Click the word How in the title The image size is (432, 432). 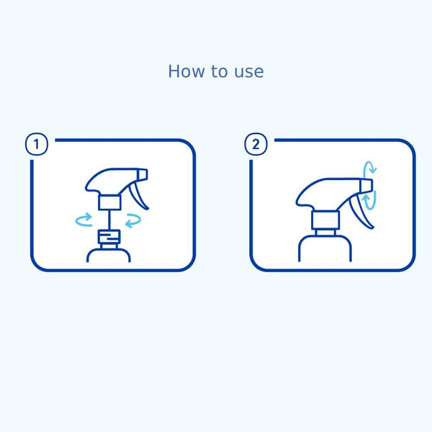click(x=183, y=71)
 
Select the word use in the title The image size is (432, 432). click(x=248, y=72)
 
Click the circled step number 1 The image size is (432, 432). click(x=37, y=145)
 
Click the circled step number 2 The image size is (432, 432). click(x=256, y=145)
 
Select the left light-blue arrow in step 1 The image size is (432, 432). click(x=85, y=217)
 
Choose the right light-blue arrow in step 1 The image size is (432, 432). click(x=132, y=220)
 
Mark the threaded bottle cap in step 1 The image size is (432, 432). click(x=109, y=237)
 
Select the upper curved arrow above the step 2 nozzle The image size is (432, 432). click(x=369, y=170)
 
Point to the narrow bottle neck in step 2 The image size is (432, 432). click(x=324, y=232)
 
